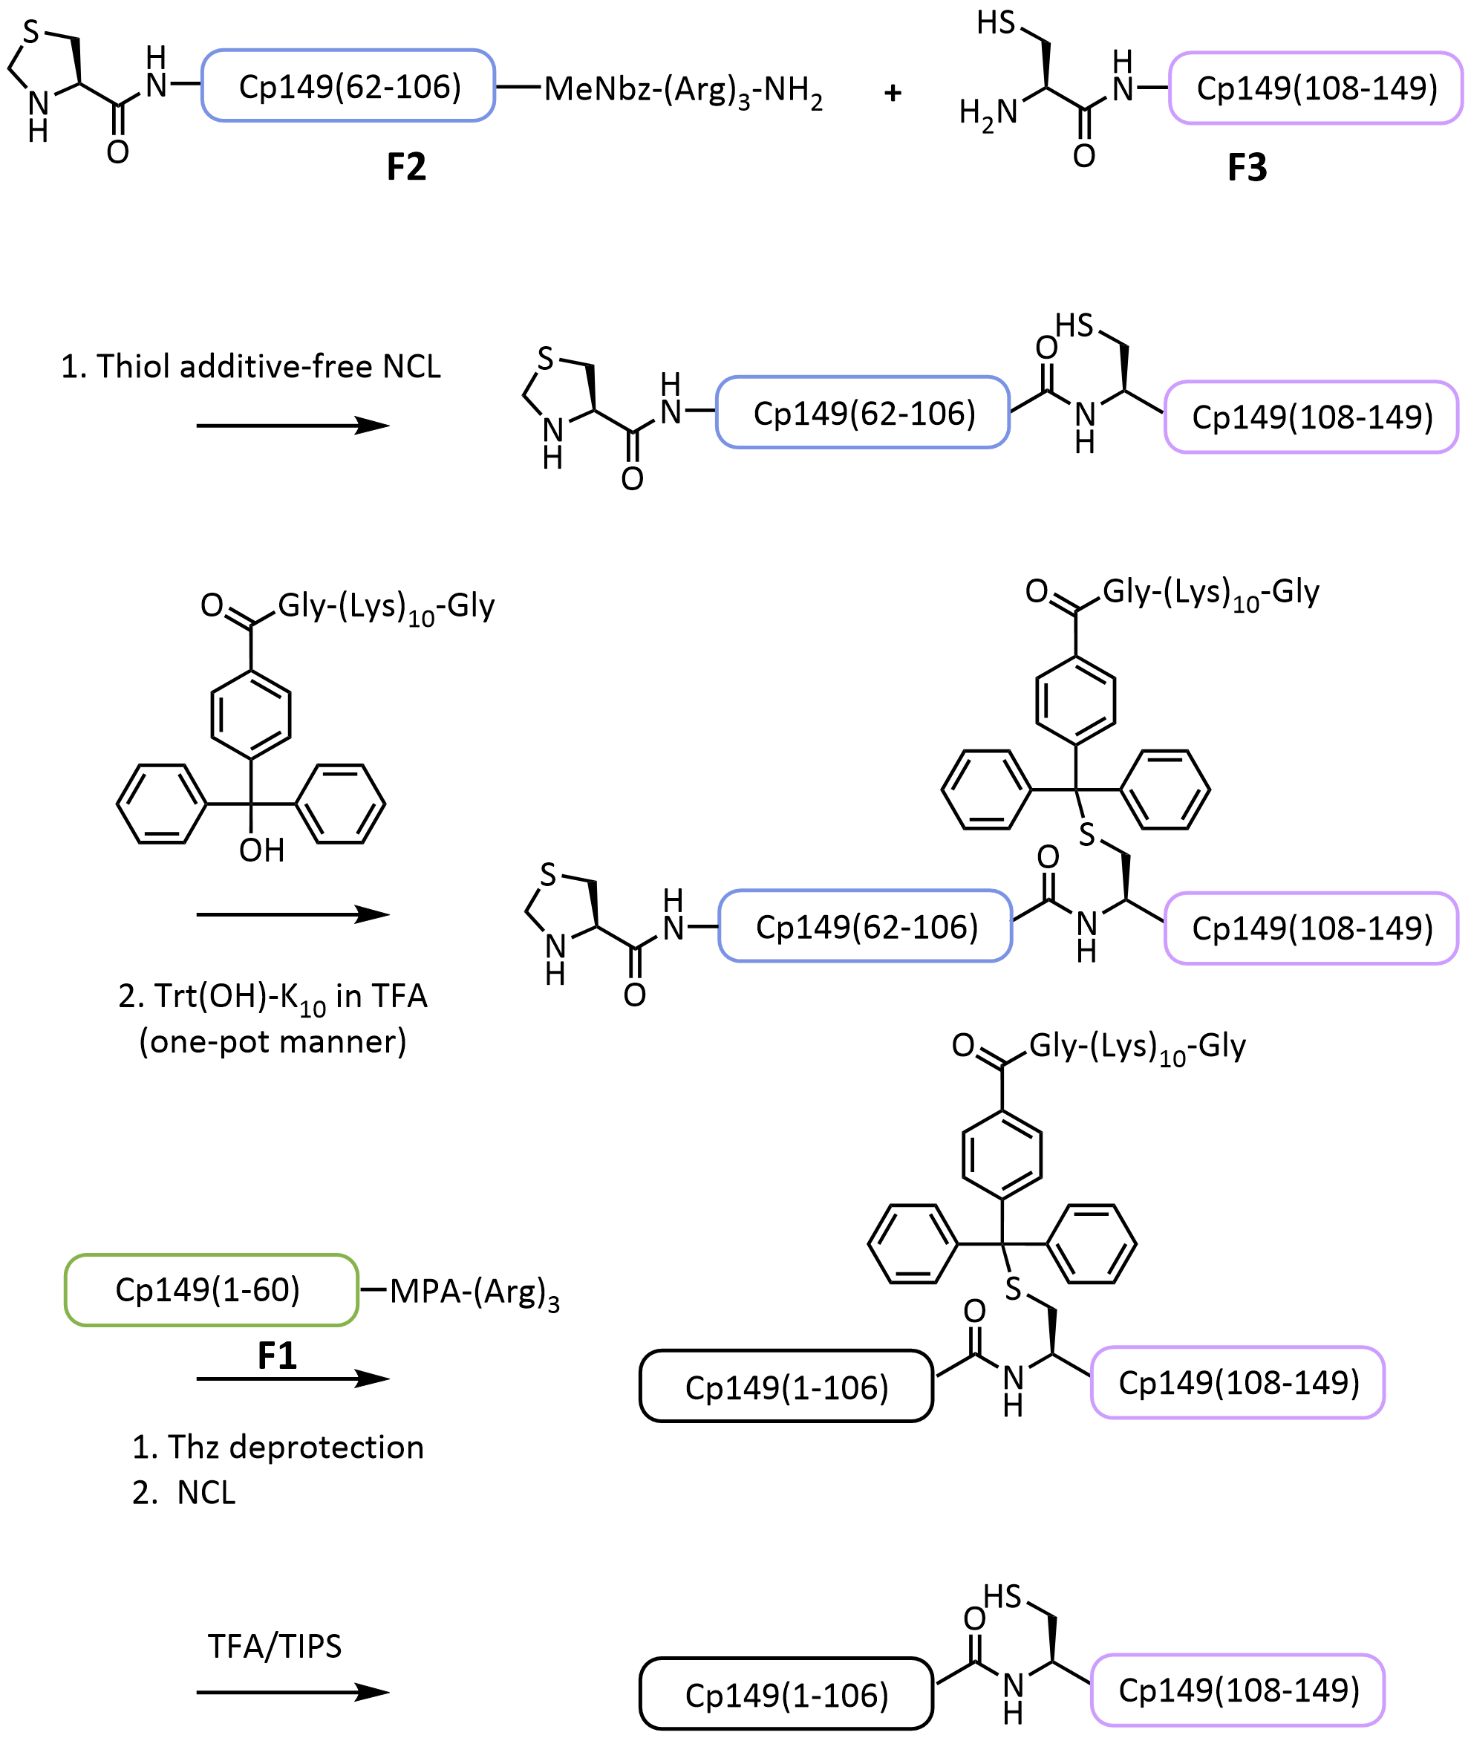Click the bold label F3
click(x=1247, y=168)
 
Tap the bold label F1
click(x=277, y=1356)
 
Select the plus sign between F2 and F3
click(x=893, y=93)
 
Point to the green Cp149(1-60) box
click(x=211, y=1290)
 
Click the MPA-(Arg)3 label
click(x=474, y=1292)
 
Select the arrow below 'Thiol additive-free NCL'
click(x=292, y=426)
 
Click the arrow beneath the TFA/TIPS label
click(x=292, y=1692)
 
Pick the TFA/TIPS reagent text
click(x=274, y=1646)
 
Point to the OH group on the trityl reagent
click(x=262, y=850)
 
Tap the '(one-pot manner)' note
click(x=273, y=1041)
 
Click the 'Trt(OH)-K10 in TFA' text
click(x=273, y=997)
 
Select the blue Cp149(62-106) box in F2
click(x=348, y=86)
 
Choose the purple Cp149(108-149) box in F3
click(x=1315, y=88)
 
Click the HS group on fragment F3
click(x=997, y=22)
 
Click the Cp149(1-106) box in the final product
click(x=786, y=1693)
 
